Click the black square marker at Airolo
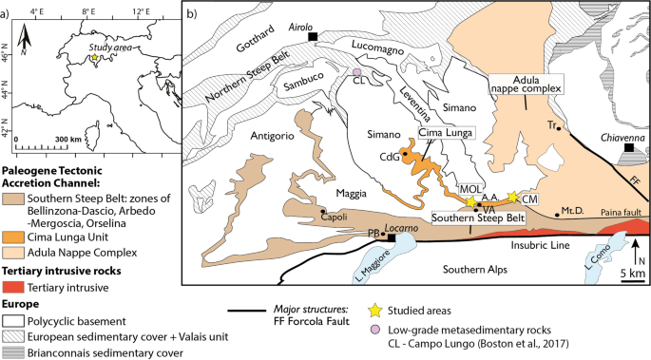tap(313, 36)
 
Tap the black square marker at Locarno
tap(391, 239)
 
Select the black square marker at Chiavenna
tap(627, 149)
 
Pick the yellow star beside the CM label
tap(512, 197)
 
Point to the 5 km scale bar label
tap(635, 275)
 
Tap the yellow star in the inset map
tap(93, 58)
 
